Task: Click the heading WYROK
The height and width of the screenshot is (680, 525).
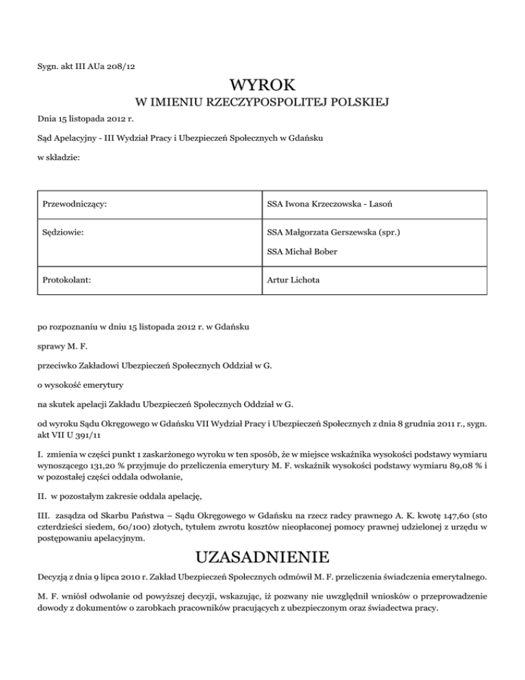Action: click(263, 86)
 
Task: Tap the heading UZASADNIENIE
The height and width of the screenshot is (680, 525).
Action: click(263, 555)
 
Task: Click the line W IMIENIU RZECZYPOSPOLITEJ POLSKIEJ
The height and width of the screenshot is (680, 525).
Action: click(263, 103)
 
